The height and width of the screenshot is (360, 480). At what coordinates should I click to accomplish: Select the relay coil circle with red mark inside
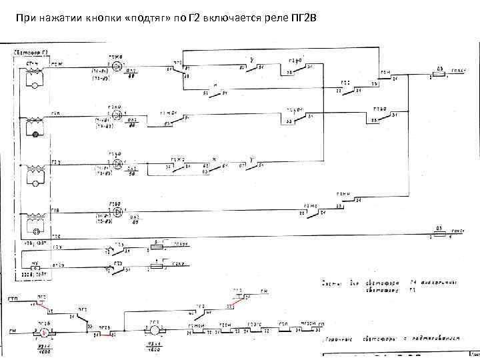(x=43, y=331)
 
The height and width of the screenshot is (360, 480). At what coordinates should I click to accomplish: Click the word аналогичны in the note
(x=430, y=283)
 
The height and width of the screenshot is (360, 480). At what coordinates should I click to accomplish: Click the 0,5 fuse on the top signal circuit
(x=441, y=73)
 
